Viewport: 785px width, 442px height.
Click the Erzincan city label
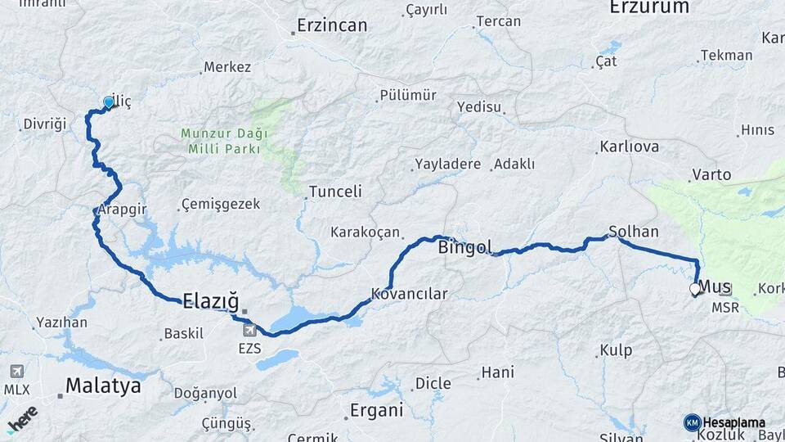(x=331, y=25)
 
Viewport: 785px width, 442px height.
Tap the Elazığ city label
(x=210, y=300)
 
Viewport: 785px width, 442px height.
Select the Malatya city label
(x=103, y=386)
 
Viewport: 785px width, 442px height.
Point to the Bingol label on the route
(x=465, y=246)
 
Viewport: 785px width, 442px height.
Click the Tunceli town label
(x=334, y=192)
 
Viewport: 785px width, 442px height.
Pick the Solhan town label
(x=634, y=232)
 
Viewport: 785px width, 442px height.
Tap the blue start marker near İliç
(x=109, y=103)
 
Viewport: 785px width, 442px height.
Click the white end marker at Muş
(x=695, y=289)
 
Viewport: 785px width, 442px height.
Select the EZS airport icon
(x=249, y=330)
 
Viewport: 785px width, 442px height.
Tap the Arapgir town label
(x=123, y=209)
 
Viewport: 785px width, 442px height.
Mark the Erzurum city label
(x=648, y=7)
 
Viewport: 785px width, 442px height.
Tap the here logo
(x=22, y=417)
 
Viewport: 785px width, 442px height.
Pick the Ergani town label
(x=376, y=411)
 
